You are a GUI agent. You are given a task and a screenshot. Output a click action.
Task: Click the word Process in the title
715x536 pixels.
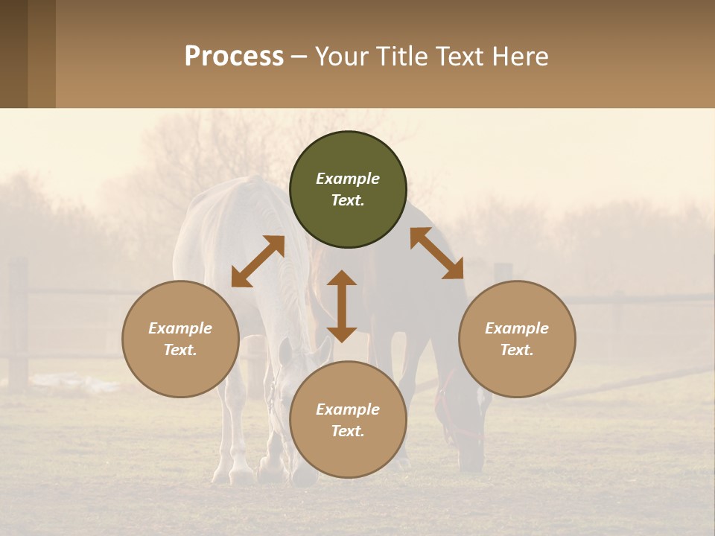pyautogui.click(x=234, y=57)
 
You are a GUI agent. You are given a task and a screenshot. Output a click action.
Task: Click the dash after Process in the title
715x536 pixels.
pyautogui.click(x=299, y=58)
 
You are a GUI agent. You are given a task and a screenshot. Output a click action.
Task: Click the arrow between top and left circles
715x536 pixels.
pyautogui.click(x=258, y=261)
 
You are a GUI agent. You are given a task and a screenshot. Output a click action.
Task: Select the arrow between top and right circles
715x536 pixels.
pyautogui.click(x=436, y=253)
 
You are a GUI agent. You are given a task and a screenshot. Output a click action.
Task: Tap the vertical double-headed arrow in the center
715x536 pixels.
pyautogui.click(x=342, y=306)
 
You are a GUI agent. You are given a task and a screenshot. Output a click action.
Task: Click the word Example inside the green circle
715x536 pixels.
pyautogui.click(x=348, y=179)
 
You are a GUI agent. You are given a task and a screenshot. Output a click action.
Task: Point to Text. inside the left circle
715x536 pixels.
pyautogui.click(x=180, y=350)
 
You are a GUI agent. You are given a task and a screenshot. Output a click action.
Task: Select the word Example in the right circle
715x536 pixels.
pyautogui.click(x=517, y=328)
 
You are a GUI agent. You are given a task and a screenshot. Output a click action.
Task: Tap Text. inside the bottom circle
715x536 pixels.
pyautogui.click(x=348, y=431)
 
